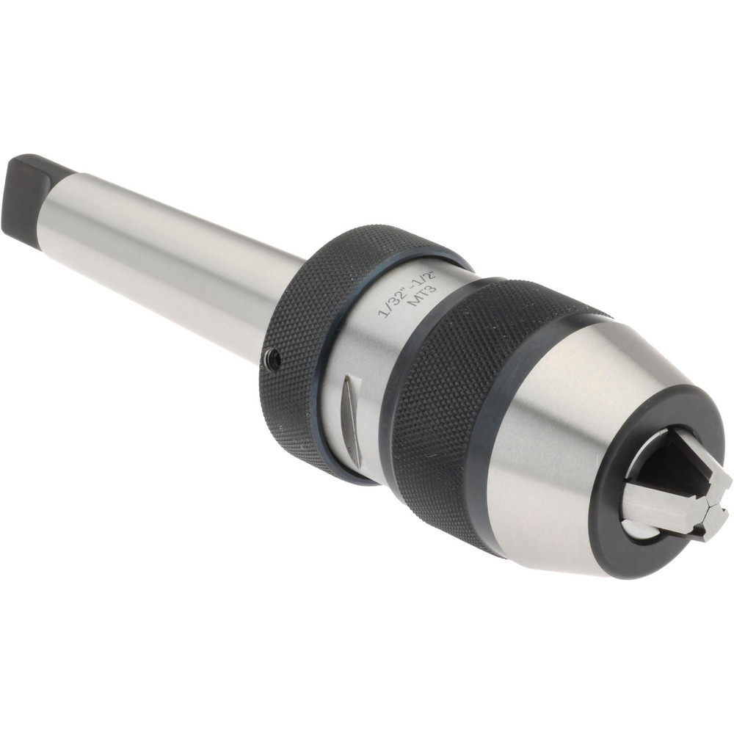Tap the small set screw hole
coord(272,358)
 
